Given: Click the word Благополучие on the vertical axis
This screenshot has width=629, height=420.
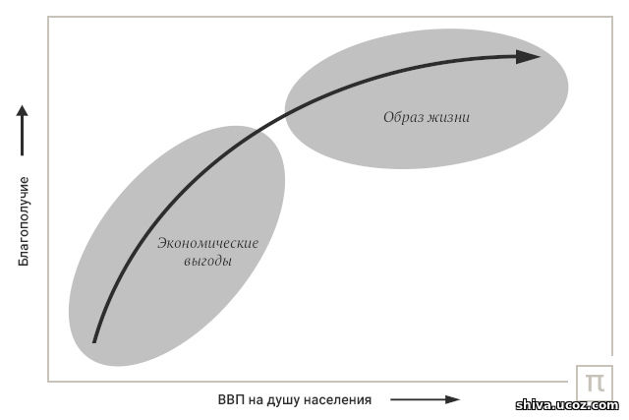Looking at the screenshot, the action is click(x=24, y=221).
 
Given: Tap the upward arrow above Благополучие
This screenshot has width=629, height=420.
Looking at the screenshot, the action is click(x=22, y=130).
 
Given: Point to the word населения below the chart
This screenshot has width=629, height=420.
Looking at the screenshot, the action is click(x=337, y=400).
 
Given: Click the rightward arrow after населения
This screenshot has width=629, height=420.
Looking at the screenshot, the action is click(x=425, y=399).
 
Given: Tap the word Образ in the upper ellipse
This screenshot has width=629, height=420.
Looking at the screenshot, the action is click(x=403, y=117).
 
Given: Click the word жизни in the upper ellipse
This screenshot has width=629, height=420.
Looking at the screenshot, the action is click(x=448, y=117).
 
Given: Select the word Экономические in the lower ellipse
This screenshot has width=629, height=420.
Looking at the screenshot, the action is click(x=207, y=243).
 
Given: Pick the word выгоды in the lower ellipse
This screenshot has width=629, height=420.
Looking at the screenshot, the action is click(x=207, y=262).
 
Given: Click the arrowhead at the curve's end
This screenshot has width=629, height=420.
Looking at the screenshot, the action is click(x=528, y=57).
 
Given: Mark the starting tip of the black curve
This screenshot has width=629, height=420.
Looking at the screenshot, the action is click(x=94, y=342).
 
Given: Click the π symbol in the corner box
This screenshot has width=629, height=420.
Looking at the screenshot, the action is click(x=595, y=383).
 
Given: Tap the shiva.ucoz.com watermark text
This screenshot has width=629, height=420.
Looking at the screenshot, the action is click(x=567, y=404).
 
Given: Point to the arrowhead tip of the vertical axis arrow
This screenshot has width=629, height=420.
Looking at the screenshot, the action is click(x=22, y=105).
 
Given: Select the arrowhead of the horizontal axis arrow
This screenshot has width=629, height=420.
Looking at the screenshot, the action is click(x=453, y=399).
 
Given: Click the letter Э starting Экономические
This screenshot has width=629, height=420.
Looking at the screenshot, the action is click(x=161, y=243).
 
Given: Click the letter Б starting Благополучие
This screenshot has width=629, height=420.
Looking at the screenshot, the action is click(x=24, y=263).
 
